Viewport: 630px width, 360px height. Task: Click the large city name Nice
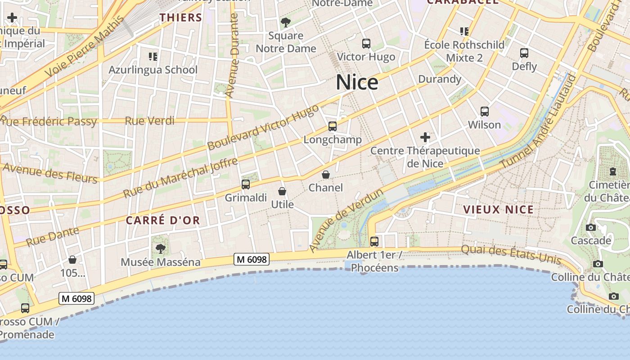pyautogui.click(x=357, y=82)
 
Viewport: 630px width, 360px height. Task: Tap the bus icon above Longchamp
pyautogui.click(x=333, y=126)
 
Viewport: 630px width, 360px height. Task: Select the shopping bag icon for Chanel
pyautogui.click(x=326, y=175)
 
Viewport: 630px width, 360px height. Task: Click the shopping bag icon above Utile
pyautogui.click(x=282, y=191)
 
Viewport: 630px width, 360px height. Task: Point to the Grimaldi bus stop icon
pyautogui.click(x=246, y=184)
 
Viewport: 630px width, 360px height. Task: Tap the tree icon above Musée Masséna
pyautogui.click(x=160, y=248)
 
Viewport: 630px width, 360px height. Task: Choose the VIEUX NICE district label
pyautogui.click(x=498, y=209)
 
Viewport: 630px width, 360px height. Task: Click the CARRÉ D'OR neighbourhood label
pyautogui.click(x=162, y=220)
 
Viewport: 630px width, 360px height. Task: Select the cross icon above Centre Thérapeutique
pyautogui.click(x=425, y=137)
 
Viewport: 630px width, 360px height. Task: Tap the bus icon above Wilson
pyautogui.click(x=485, y=111)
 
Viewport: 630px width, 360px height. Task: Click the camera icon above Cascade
pyautogui.click(x=591, y=227)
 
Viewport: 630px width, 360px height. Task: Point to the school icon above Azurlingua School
pyautogui.click(x=153, y=57)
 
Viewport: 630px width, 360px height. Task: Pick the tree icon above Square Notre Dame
pyautogui.click(x=285, y=22)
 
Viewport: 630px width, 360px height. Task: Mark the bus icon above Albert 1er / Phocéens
pyautogui.click(x=374, y=241)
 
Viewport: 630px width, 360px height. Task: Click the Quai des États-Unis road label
pyautogui.click(x=511, y=254)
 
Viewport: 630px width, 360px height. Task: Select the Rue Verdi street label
pyautogui.click(x=150, y=121)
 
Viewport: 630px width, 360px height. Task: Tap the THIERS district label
pyautogui.click(x=181, y=18)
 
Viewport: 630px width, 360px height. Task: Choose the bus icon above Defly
pyautogui.click(x=524, y=53)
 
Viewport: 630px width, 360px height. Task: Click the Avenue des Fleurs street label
pyautogui.click(x=50, y=174)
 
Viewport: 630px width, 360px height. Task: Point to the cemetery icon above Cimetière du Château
pyautogui.click(x=613, y=171)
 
